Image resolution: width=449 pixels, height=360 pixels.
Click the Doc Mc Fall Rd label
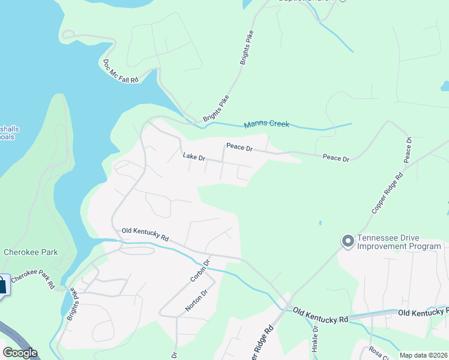point(121,71)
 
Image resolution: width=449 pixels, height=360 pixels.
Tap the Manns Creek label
point(267,124)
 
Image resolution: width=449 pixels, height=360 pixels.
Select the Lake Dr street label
point(194,157)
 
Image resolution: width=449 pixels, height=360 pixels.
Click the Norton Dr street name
point(196,300)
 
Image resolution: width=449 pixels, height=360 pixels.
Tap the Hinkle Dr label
point(315,339)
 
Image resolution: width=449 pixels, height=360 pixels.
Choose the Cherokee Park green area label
point(31,252)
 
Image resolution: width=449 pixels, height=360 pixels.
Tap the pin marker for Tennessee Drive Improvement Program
point(347,241)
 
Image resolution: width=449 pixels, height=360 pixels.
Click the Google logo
point(20,353)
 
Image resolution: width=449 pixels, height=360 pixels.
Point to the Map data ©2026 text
point(423,355)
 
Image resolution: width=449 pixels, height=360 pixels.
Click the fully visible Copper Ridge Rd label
point(388,193)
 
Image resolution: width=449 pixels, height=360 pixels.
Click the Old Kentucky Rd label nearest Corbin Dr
point(145,234)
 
